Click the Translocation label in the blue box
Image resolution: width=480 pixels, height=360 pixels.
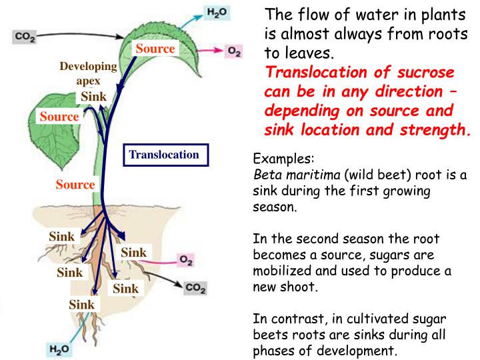163,155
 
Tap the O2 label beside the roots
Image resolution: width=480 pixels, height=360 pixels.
186,261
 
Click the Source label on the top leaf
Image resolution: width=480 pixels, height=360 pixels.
155,48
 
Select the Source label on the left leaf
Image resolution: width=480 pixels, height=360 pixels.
59,117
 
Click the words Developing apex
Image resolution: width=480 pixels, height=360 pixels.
88,74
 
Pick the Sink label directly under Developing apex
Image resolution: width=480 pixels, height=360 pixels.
93,97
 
